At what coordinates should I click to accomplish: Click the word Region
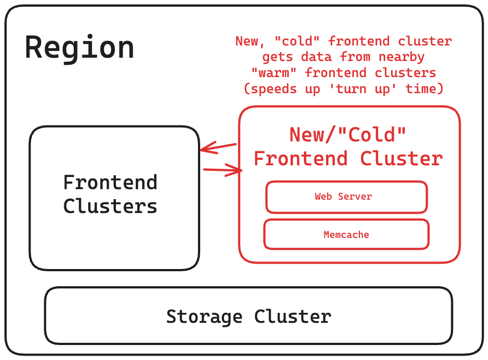click(x=79, y=48)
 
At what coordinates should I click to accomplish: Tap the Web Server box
click(x=346, y=197)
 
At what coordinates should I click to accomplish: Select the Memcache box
click(x=346, y=235)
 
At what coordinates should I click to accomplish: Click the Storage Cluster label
click(x=248, y=317)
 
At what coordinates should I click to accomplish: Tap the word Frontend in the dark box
click(x=110, y=182)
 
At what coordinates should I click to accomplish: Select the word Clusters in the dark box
click(x=110, y=206)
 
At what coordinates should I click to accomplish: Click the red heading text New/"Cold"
click(x=348, y=135)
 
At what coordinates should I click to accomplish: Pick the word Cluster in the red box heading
click(x=401, y=159)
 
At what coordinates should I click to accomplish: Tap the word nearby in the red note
click(x=398, y=57)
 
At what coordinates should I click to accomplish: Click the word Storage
click(x=204, y=317)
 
